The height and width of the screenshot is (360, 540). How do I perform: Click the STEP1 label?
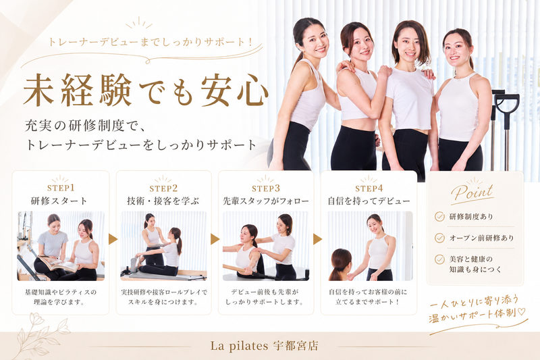61,188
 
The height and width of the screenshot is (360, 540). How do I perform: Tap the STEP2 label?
163,188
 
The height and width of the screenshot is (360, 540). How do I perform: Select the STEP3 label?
266,188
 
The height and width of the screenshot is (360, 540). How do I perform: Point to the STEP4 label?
369,188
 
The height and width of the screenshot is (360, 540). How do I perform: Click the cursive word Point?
473,192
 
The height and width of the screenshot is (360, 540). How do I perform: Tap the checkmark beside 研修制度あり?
439,216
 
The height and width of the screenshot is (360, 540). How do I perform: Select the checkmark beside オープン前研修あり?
439,238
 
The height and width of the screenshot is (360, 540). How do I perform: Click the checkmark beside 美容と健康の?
439,259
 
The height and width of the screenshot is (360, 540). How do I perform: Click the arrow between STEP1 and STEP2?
113,239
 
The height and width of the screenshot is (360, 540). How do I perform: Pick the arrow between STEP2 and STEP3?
215,239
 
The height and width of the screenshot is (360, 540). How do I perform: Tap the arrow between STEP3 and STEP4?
317,239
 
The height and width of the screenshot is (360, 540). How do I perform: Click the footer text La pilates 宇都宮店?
264,346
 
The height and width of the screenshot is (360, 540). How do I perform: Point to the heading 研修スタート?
59,201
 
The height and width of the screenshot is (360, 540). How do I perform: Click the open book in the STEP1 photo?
59,264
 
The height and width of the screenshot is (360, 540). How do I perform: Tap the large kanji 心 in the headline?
252,91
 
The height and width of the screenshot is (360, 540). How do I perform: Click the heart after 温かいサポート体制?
522,311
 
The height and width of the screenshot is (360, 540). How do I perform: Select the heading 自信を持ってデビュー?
369,201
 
